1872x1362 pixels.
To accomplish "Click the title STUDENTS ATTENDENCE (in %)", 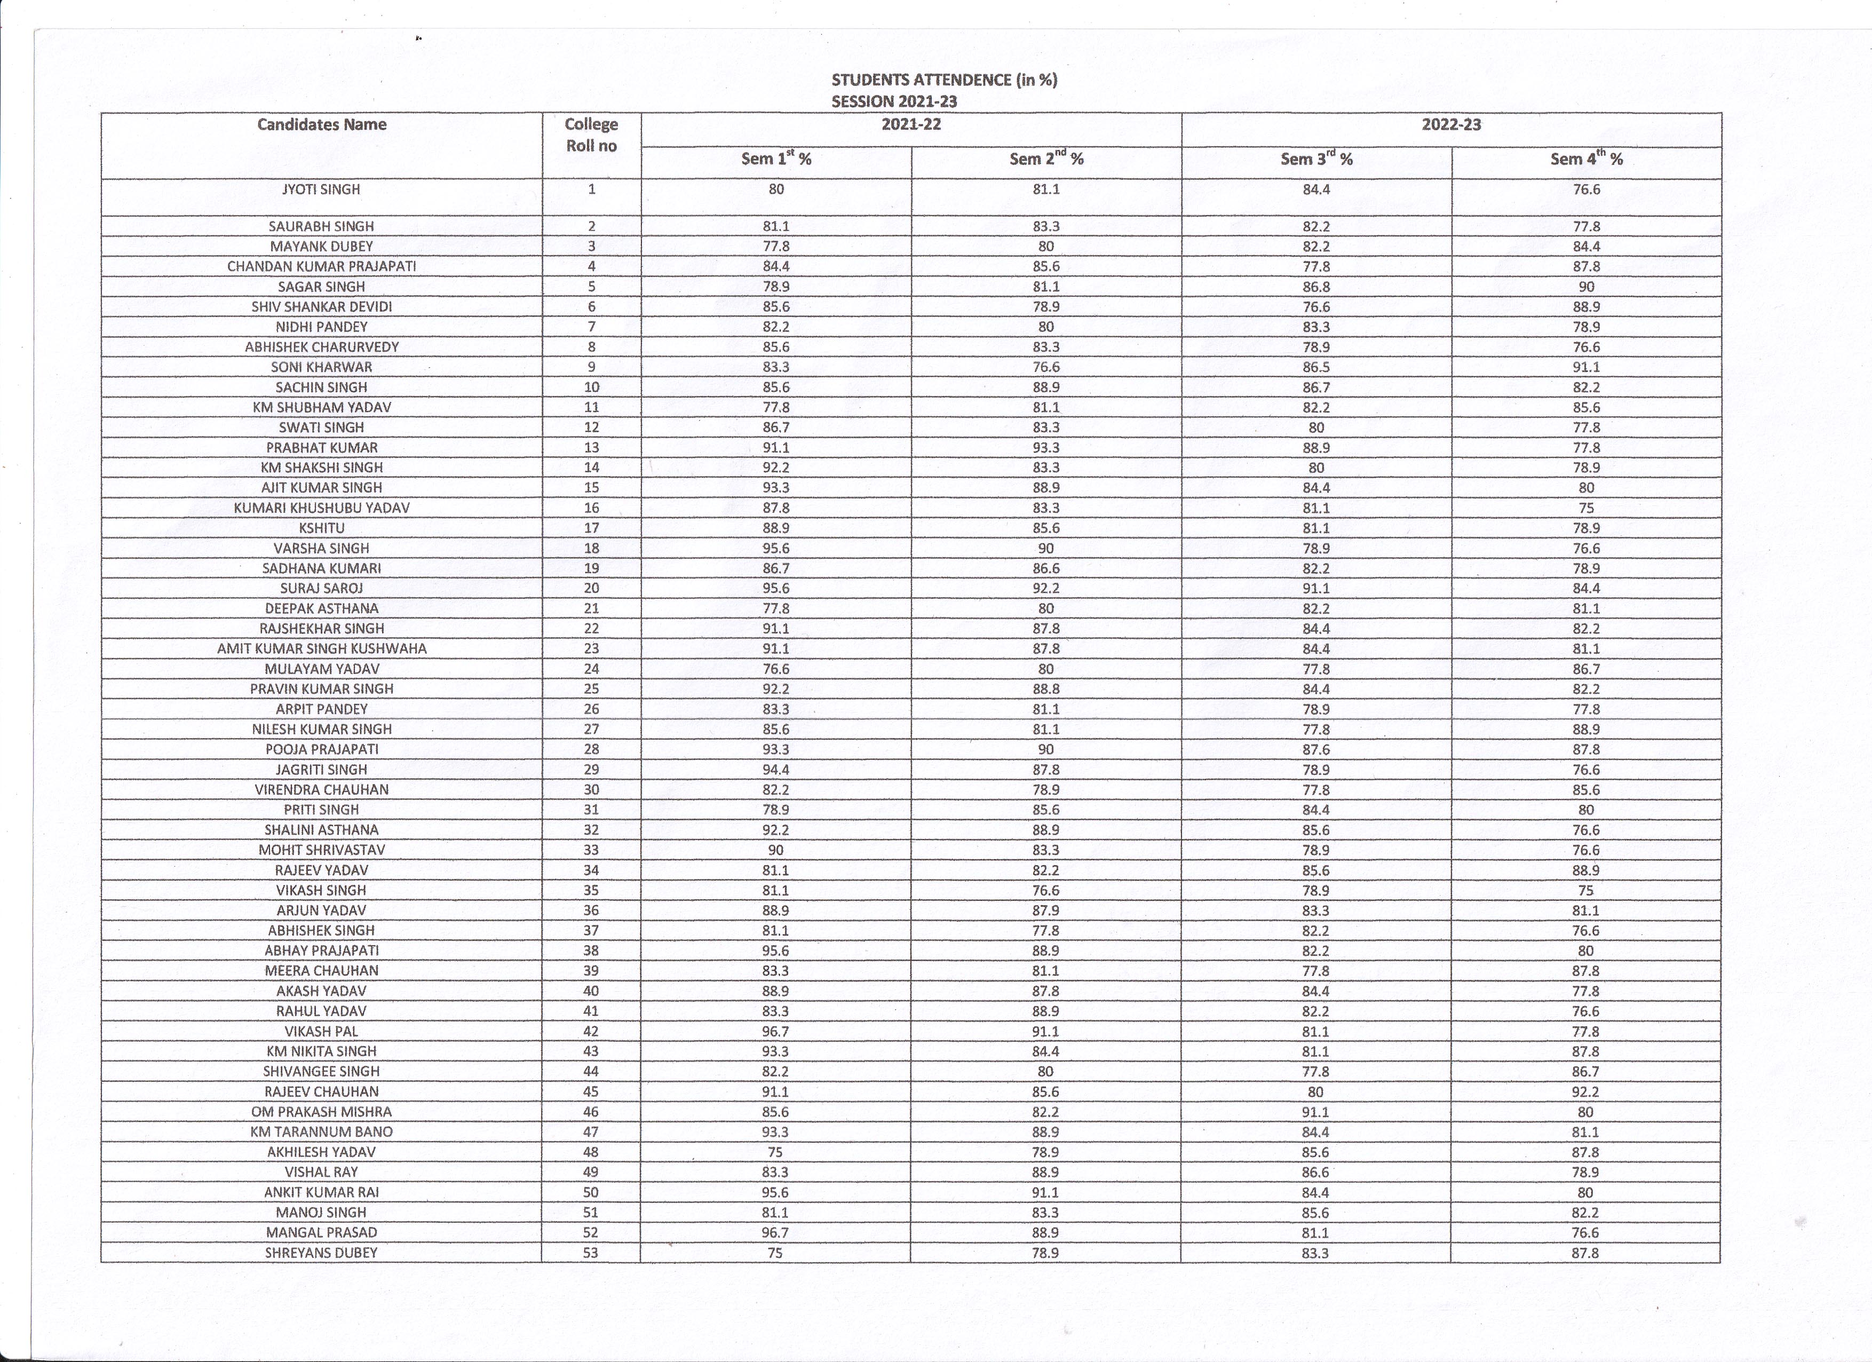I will point(943,80).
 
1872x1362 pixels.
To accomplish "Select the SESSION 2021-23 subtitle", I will point(894,101).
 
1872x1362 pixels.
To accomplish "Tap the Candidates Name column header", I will point(322,125).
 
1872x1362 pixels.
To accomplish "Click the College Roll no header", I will point(591,134).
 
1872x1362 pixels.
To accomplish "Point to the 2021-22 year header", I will point(911,125).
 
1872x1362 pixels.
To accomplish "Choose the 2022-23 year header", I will point(1451,125).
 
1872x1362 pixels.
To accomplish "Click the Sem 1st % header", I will point(776,159).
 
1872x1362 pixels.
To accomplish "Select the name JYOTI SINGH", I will point(321,189).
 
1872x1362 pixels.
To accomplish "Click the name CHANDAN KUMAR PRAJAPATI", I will point(322,266).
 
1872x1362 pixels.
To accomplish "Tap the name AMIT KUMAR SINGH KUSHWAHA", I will point(322,648).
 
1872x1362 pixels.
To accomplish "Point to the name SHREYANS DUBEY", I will point(321,1252).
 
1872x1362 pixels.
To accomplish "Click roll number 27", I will point(591,729).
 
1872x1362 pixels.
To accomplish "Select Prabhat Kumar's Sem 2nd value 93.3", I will point(1046,447).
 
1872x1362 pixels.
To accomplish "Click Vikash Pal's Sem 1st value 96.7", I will point(776,1031).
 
